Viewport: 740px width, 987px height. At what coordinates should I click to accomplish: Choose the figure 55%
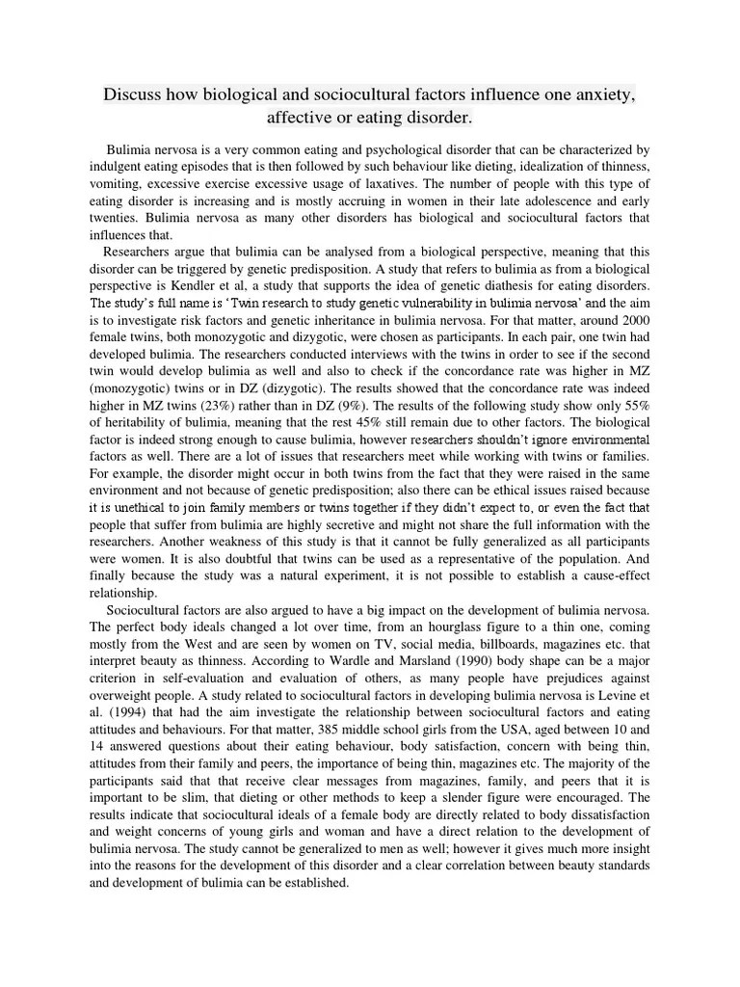coord(634,394)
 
